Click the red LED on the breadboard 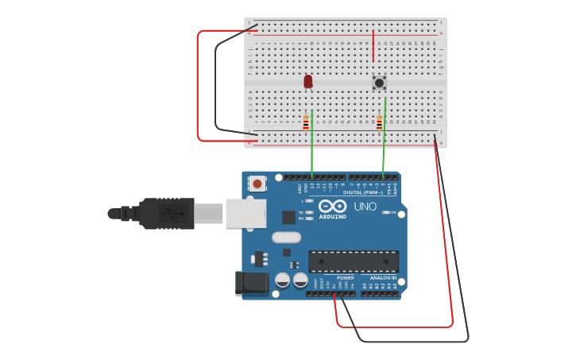click(308, 81)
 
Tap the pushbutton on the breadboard click(380, 82)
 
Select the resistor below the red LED click(306, 123)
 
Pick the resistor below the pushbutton click(380, 123)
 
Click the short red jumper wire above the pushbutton click(373, 46)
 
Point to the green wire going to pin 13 click(312, 147)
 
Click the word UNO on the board click(365, 207)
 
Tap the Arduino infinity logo click(332, 207)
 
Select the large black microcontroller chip click(354, 261)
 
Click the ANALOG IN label click(382, 278)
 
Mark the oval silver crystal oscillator click(286, 237)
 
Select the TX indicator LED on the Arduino click(309, 212)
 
